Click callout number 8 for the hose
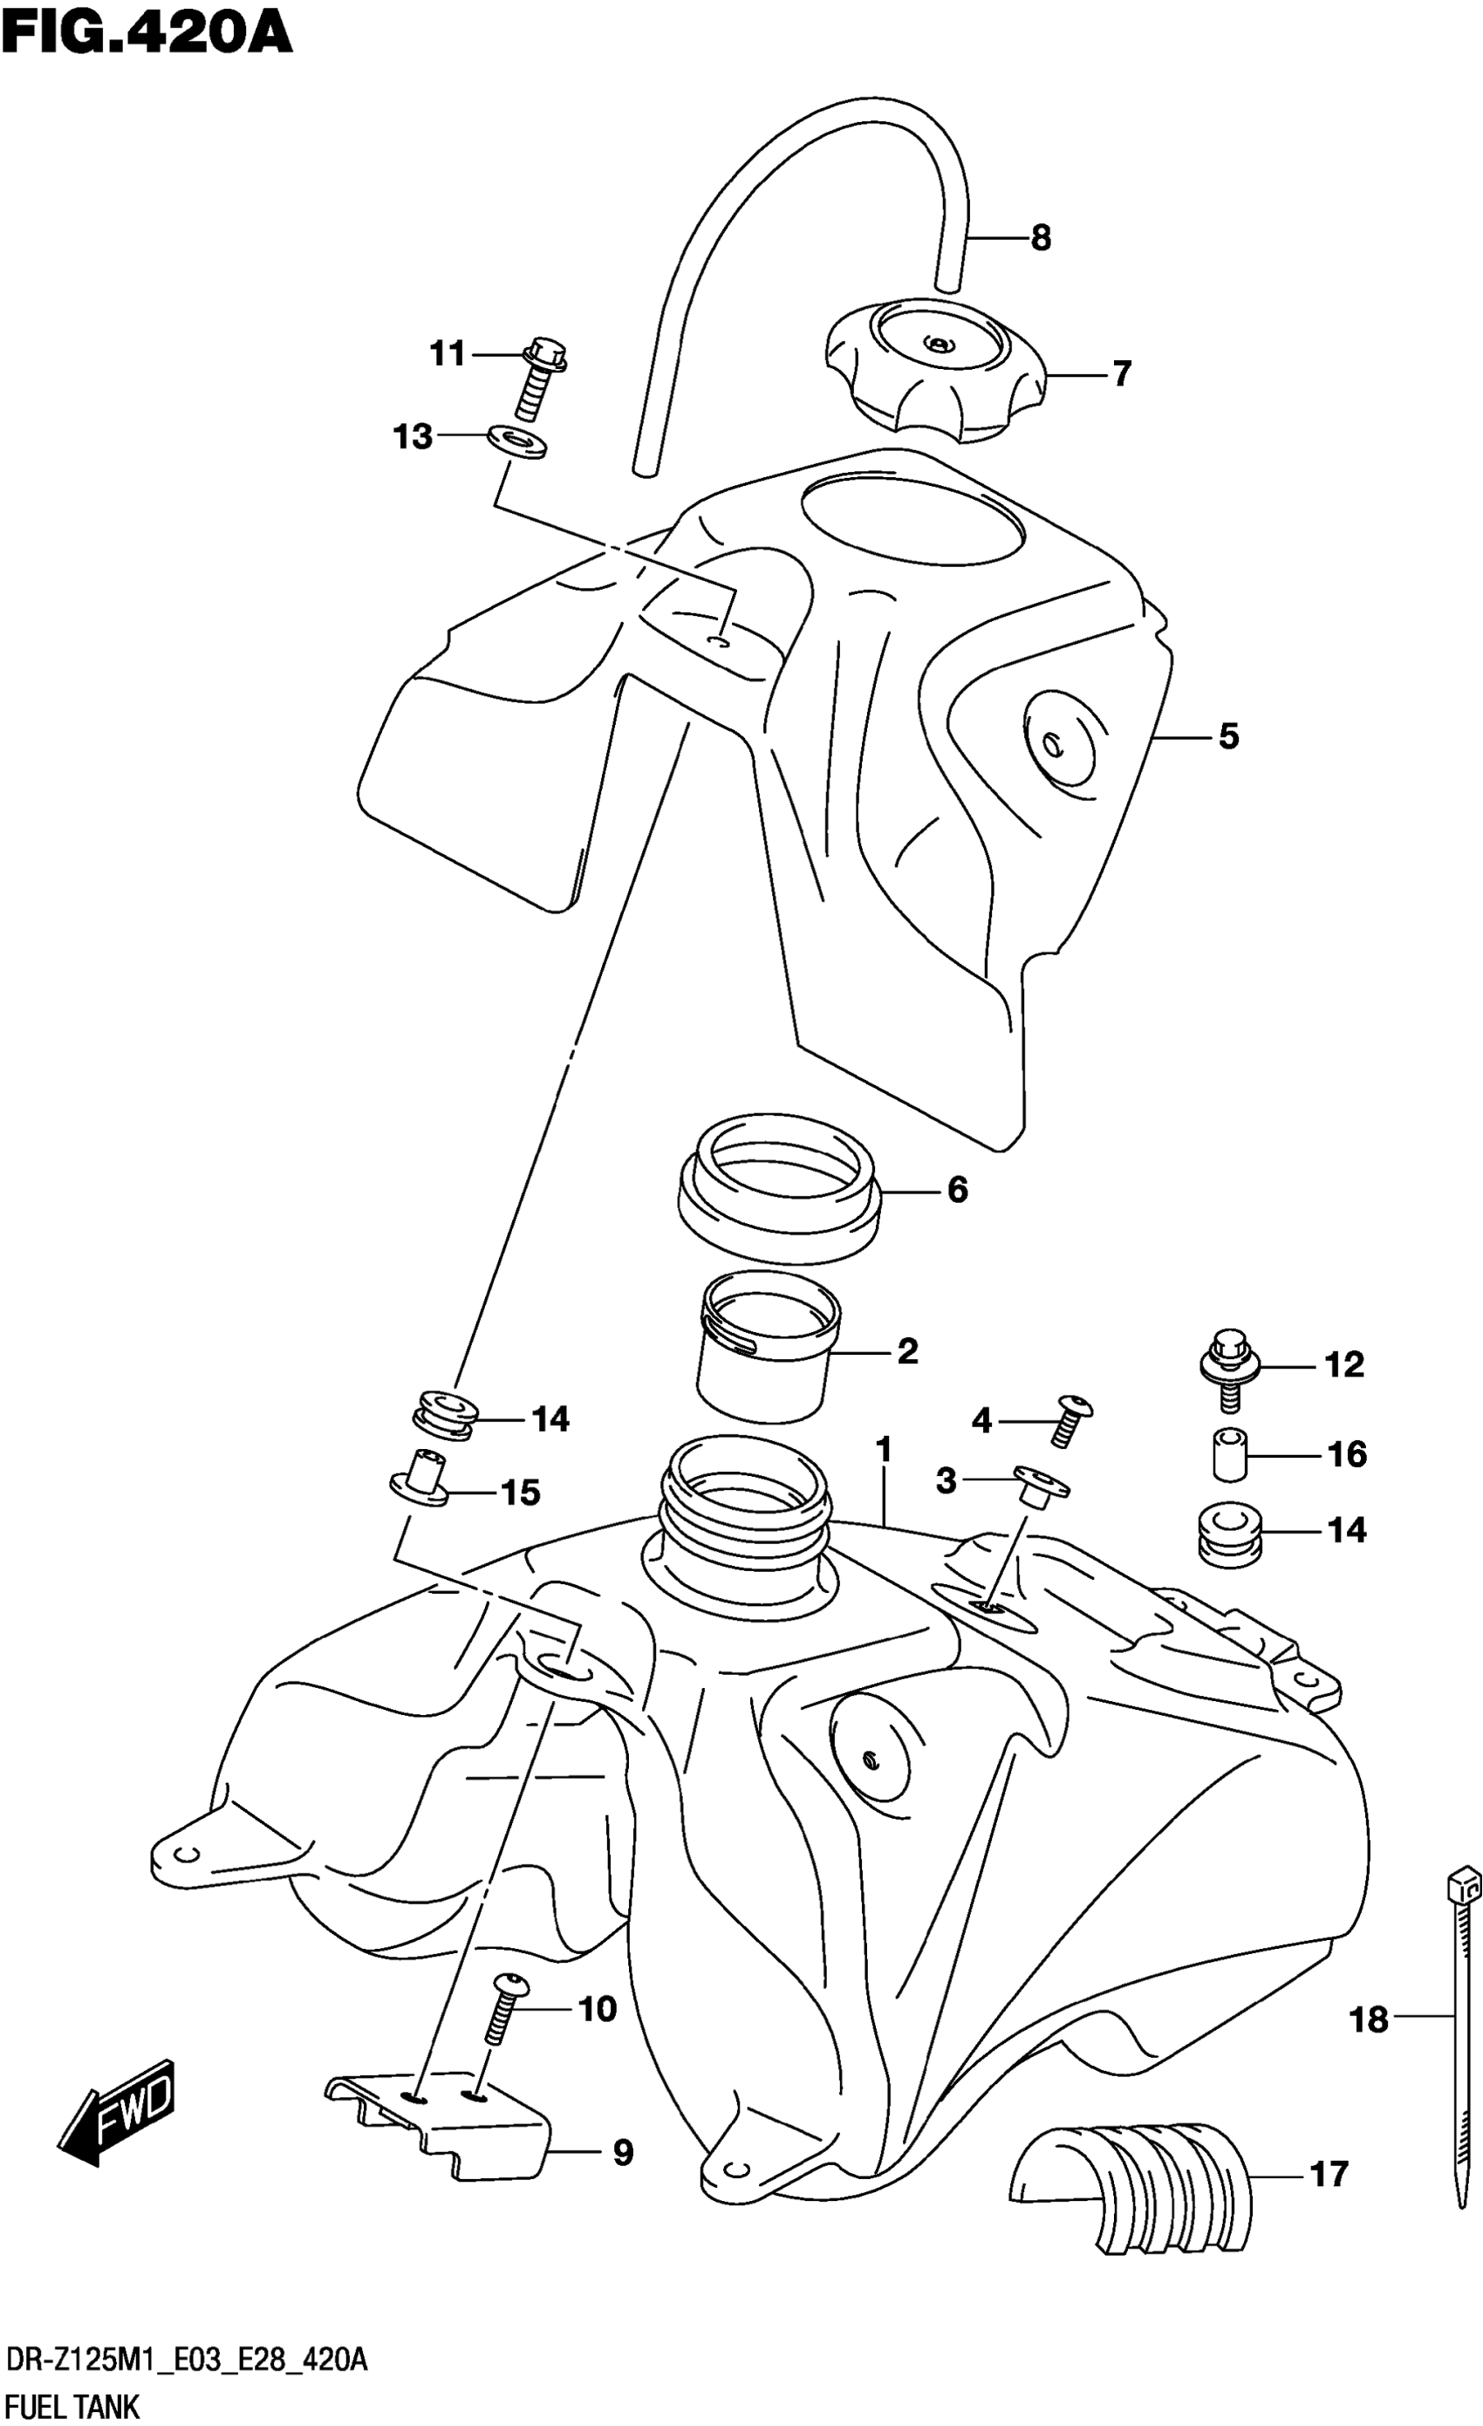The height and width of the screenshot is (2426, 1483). (x=1041, y=237)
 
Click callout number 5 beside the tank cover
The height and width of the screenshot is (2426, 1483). (x=1228, y=735)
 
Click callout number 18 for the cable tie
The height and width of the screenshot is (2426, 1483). (x=1368, y=2019)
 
